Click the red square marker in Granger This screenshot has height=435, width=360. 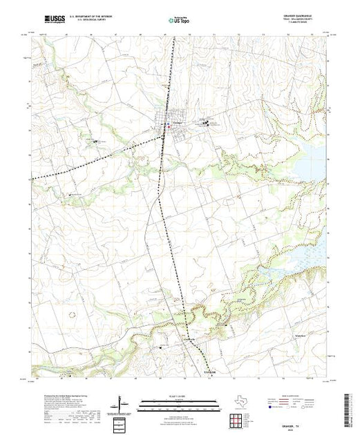(170, 125)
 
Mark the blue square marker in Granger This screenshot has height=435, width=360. (170, 128)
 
